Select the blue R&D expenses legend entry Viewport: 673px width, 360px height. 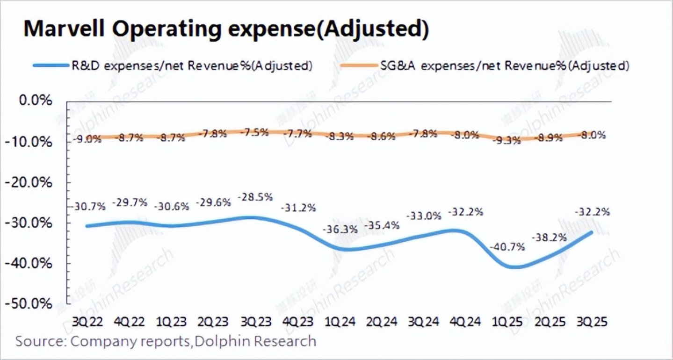[173, 66]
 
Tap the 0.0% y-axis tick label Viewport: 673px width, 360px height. [35, 101]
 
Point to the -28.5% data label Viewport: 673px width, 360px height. [255, 197]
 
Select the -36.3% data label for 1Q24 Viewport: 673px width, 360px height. [340, 230]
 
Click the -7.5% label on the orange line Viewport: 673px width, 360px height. [255, 132]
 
